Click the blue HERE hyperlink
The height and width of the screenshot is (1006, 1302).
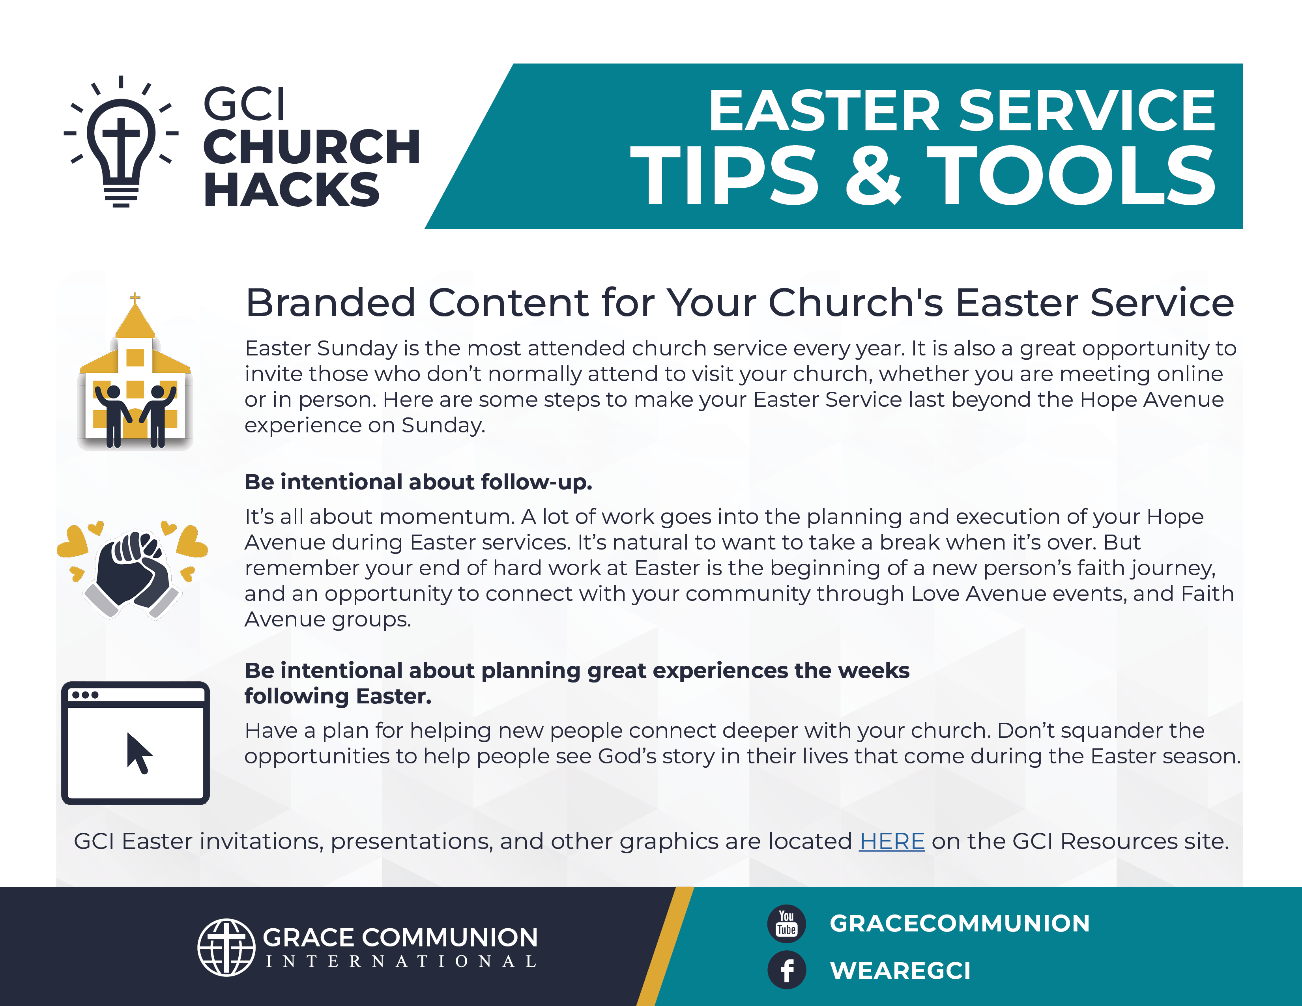pos(891,841)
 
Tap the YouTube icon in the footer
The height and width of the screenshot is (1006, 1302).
pos(786,923)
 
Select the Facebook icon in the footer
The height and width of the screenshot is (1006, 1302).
pos(786,970)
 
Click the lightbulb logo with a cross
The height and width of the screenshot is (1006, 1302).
pos(121,142)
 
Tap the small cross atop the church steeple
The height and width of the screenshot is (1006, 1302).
pos(135,297)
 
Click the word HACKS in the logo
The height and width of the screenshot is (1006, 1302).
pos(292,189)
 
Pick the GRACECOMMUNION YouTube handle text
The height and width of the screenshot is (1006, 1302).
pos(960,923)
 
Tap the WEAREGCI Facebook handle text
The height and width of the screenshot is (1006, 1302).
pos(900,970)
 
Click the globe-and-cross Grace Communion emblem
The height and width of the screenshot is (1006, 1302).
pos(226,947)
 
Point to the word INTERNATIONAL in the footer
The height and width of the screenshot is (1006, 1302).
pos(400,961)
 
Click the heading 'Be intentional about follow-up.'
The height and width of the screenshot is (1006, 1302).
pos(419,482)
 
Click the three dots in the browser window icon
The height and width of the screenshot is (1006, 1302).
pos(85,695)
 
